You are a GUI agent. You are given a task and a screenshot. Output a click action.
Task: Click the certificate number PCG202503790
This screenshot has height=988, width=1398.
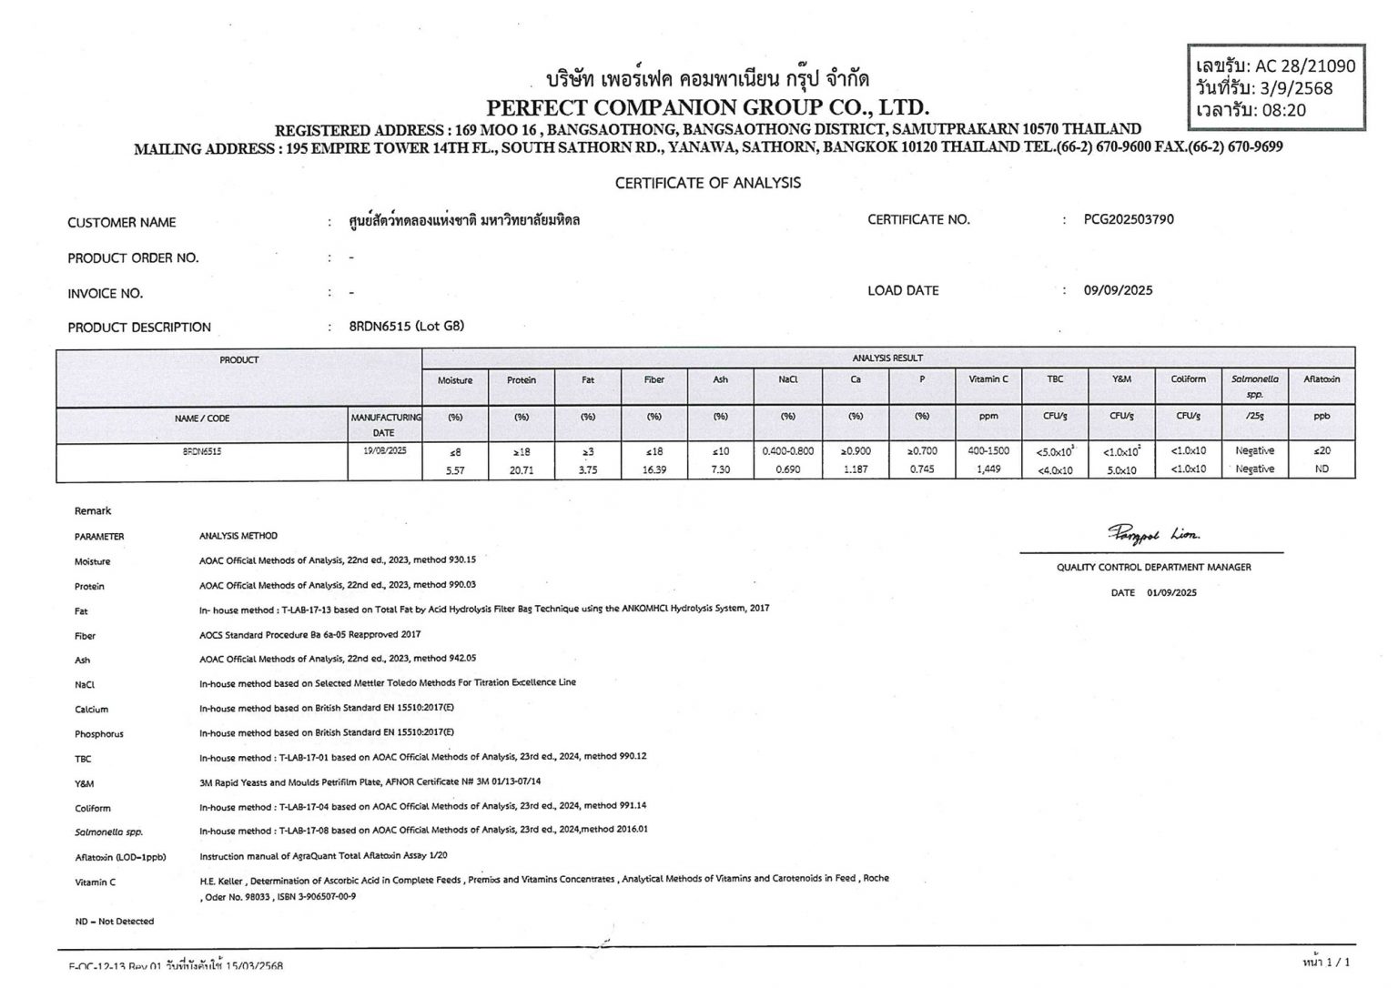1129,219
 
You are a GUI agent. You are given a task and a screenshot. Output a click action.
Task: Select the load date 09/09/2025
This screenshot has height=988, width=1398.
1118,290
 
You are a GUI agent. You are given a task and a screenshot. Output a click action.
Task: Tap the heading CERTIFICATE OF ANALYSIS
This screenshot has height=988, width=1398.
707,183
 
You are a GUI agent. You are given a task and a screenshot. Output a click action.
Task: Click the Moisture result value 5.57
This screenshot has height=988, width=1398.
455,469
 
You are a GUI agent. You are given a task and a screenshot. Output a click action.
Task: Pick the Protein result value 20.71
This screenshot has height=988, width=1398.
522,469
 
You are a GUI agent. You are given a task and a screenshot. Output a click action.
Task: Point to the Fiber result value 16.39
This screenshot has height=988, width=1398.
653,469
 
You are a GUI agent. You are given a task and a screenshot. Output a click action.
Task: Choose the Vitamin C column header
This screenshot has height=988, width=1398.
988,379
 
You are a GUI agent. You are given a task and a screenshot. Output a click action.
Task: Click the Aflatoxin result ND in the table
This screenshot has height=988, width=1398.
1322,469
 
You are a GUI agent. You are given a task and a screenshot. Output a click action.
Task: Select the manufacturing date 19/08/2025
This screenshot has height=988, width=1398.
385,451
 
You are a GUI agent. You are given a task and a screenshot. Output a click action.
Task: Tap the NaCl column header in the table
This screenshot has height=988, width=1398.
788,379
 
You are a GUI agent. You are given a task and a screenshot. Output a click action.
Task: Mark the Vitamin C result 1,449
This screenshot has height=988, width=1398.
988,469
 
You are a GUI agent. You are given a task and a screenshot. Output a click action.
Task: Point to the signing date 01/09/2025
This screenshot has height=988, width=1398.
1171,592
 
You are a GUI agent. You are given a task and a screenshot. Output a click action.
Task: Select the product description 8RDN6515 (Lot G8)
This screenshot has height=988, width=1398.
406,327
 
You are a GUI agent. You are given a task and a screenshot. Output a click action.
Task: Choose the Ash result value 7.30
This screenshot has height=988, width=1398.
720,469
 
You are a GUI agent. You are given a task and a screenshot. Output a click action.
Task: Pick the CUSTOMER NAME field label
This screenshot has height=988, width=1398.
122,223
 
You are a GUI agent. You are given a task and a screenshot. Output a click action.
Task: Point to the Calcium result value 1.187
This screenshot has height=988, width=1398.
856,469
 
